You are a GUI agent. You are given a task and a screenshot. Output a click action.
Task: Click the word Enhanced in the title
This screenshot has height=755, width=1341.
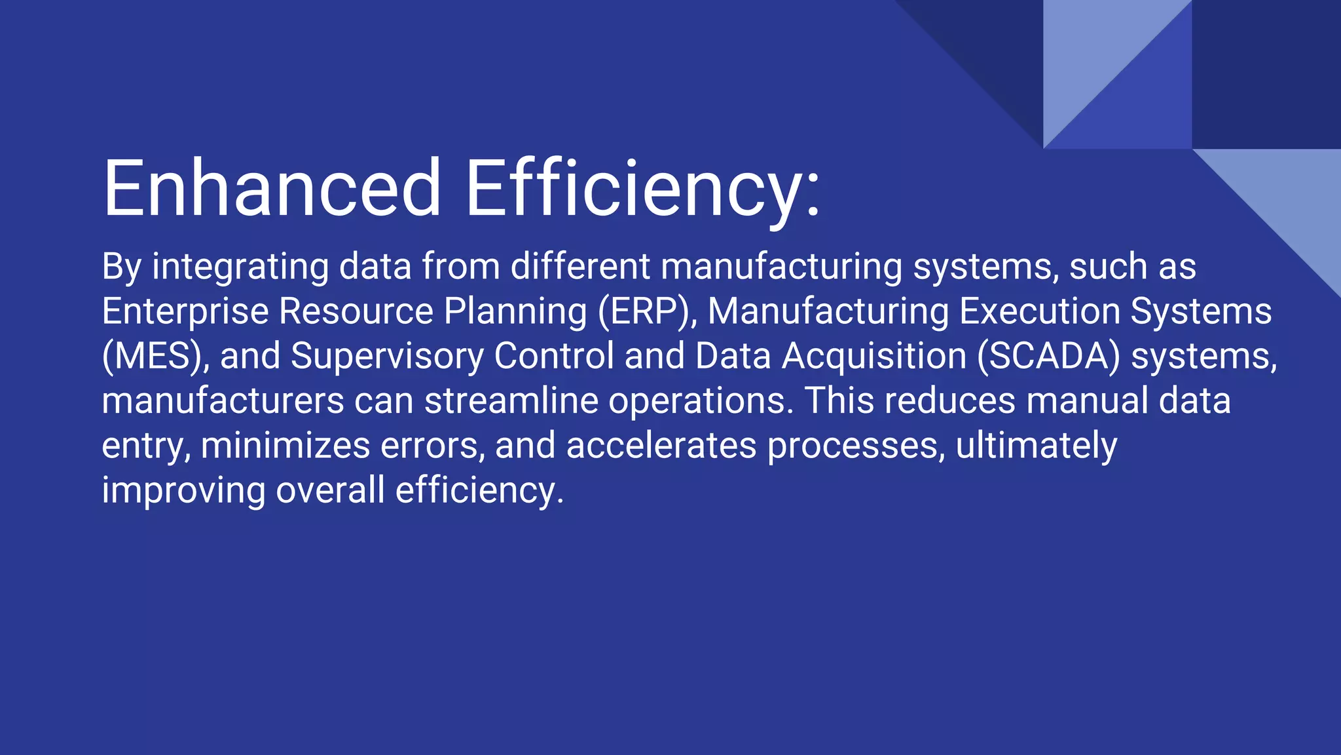pyautogui.click(x=272, y=188)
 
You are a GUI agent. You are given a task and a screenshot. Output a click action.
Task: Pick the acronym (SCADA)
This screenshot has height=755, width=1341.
pyautogui.click(x=1048, y=357)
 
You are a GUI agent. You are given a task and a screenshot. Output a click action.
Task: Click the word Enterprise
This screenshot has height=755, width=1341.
pyautogui.click(x=185, y=311)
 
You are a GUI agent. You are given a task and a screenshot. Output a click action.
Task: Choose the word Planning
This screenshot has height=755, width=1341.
pyautogui.click(x=515, y=313)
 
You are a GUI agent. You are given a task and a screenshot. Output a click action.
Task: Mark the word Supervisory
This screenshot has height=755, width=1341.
pyautogui.click(x=387, y=357)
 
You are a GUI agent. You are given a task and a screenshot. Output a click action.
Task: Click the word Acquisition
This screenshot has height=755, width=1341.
pyautogui.click(x=874, y=357)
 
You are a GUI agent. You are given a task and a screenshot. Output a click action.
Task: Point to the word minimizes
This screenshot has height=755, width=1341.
pyautogui.click(x=285, y=446)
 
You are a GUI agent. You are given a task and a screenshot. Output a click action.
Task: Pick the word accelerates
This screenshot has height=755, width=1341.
pyautogui.click(x=661, y=446)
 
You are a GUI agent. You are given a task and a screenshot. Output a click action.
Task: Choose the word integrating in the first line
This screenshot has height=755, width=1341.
pyautogui.click(x=240, y=268)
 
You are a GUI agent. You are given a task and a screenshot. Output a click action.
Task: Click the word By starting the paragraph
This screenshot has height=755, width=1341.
pyautogui.click(x=122, y=268)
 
